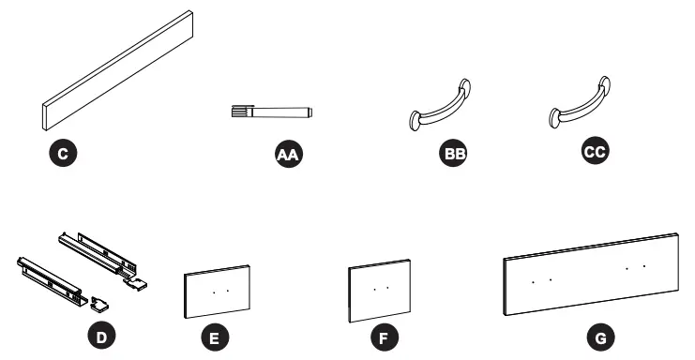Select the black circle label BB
pos(455,154)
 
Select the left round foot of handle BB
pos(417,120)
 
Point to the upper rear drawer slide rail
pos(98,254)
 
